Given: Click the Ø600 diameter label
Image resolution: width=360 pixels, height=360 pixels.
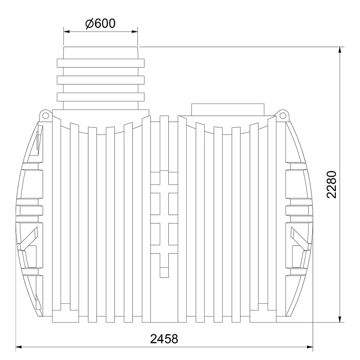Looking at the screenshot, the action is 100,23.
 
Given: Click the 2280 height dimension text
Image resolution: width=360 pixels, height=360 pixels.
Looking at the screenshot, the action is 331,184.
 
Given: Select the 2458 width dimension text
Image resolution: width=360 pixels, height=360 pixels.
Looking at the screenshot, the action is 164,339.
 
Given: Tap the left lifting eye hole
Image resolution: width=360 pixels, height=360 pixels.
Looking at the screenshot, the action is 45,115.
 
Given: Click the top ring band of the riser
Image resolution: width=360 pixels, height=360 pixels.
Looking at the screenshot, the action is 100,63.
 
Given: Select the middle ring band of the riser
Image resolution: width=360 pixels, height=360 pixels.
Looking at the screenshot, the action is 100,80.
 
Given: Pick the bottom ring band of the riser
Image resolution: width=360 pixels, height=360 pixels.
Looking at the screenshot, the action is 100,97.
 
